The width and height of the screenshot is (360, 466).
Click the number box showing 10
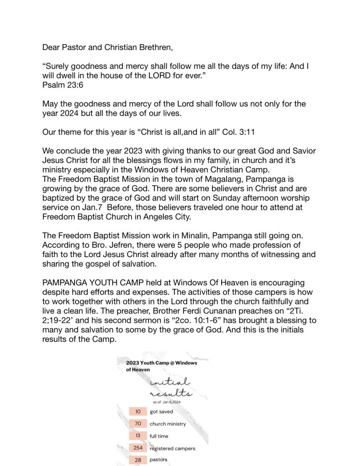click(x=138, y=411)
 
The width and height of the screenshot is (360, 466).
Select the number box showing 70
click(x=138, y=424)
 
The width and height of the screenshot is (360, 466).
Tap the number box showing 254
click(x=138, y=448)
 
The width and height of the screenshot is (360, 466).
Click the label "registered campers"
click(x=172, y=449)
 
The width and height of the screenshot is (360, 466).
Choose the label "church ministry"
click(x=168, y=424)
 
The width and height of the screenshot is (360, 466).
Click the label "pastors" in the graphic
click(x=158, y=460)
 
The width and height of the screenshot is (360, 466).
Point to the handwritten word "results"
click(x=170, y=393)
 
